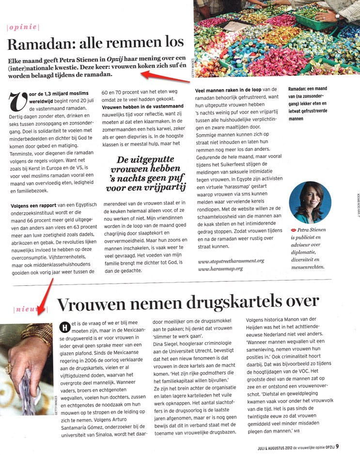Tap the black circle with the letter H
click(62, 326)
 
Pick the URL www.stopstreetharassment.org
click(231, 261)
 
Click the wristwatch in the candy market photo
click(338, 16)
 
